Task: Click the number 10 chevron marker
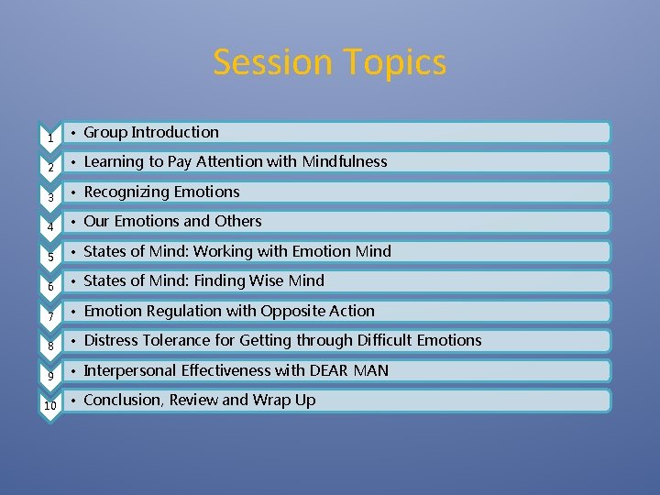tap(49, 405)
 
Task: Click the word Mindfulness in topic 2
tap(344, 161)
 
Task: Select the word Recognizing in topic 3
tap(124, 192)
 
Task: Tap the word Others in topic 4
tap(238, 221)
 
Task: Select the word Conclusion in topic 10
tap(120, 400)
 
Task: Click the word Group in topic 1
tap(105, 132)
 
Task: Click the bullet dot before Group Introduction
tap(74, 133)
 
